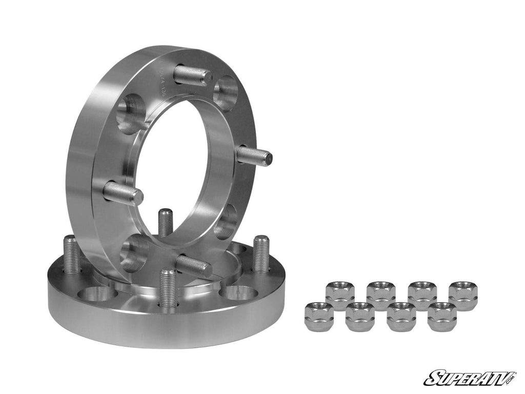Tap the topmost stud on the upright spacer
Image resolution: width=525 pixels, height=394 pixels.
point(192,75)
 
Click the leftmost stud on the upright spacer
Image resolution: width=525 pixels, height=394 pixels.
point(123,193)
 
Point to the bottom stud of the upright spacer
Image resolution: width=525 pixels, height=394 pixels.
point(193,265)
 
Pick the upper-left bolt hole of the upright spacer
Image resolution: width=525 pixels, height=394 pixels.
point(131,114)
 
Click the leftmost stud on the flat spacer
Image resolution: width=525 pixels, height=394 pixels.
point(71,254)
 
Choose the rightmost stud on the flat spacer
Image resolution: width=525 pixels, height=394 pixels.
point(260,254)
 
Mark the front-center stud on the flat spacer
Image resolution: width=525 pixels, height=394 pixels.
point(168,288)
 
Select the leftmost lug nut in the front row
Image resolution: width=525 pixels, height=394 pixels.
point(319,317)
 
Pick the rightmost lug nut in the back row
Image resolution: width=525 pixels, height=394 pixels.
point(463,295)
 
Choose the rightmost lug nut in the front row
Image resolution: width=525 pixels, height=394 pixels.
point(442,317)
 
